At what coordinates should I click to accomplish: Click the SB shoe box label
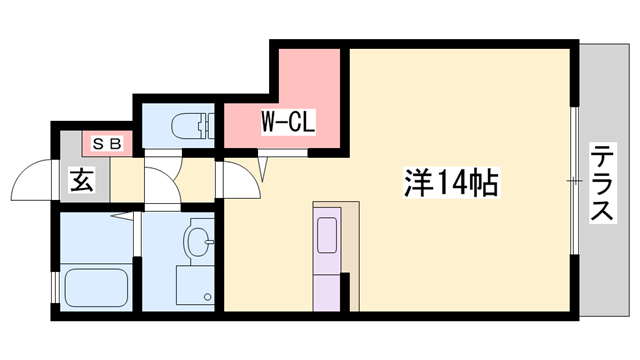(107, 143)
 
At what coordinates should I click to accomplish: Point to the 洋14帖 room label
(451, 183)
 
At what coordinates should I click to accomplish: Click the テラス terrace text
(602, 184)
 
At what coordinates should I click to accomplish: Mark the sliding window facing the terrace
(575, 180)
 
